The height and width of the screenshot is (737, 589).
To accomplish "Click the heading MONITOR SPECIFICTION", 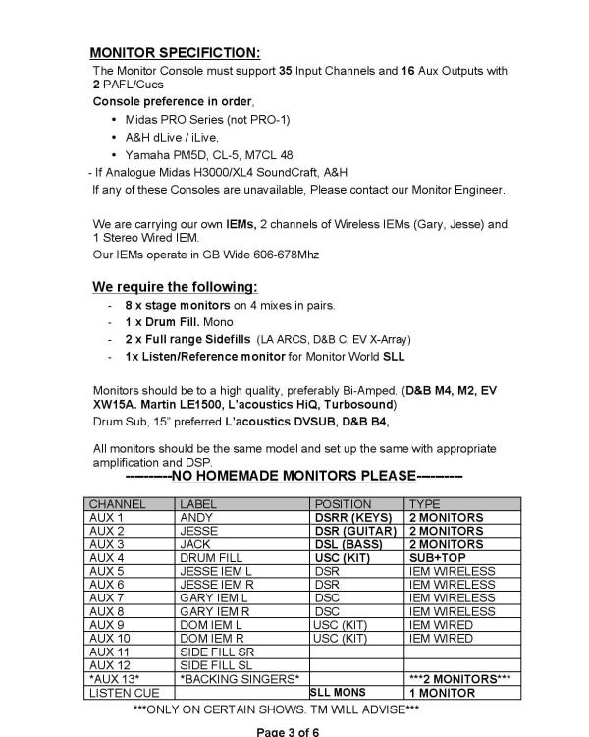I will click(176, 51).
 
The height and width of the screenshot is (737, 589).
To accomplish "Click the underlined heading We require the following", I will click(175, 287).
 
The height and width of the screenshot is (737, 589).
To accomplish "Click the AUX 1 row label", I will click(107, 517).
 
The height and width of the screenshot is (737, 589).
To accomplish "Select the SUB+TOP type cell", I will click(436, 557).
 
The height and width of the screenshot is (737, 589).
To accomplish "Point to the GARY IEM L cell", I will click(213, 597).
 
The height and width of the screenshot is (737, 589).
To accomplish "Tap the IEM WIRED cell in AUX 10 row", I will click(441, 638).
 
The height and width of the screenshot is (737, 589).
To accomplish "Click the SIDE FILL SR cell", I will click(216, 652).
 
